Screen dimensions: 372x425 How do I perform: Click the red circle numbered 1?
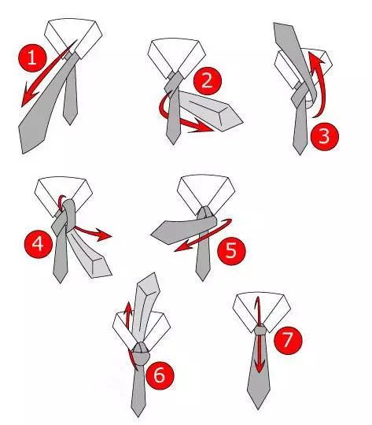point(32,57)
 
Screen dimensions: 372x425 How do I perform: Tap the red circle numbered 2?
point(208,81)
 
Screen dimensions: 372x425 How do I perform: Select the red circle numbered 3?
point(325,136)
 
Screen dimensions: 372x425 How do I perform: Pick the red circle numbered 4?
point(38,244)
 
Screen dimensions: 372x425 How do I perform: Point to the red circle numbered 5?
point(231,250)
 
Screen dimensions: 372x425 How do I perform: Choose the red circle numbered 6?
point(160,375)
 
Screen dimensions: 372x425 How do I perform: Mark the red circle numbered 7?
point(288,340)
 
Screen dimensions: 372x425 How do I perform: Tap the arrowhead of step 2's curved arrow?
point(202,128)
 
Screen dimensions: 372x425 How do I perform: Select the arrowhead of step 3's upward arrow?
point(316,59)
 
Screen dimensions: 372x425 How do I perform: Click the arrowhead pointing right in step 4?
point(103,235)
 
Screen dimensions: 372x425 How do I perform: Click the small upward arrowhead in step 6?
point(128,309)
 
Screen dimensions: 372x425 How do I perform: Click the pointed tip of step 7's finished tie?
point(258,409)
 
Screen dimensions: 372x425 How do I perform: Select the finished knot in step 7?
point(260,331)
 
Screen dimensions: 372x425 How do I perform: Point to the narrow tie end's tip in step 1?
point(70,124)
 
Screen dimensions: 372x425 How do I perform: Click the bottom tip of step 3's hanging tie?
point(300,153)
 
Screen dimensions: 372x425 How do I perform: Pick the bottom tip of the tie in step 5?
point(203,279)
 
